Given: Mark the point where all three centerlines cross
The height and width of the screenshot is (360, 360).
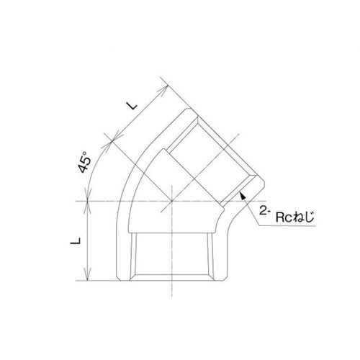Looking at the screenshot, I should point(171,199).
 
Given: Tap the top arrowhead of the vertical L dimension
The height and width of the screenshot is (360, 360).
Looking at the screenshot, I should point(89,203).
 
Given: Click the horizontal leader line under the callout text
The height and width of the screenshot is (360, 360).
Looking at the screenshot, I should point(288,226).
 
